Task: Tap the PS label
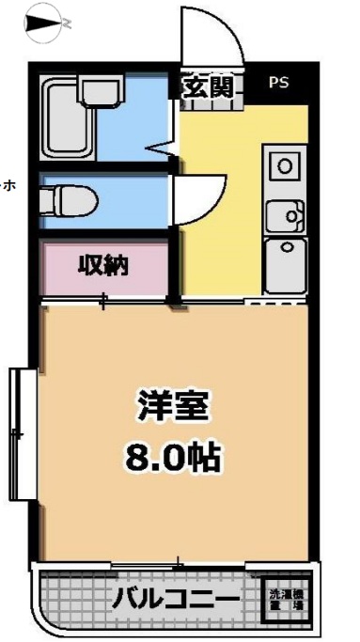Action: [279, 83]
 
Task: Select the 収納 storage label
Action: [102, 266]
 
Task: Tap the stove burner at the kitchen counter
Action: [283, 167]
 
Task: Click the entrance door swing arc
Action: [211, 38]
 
